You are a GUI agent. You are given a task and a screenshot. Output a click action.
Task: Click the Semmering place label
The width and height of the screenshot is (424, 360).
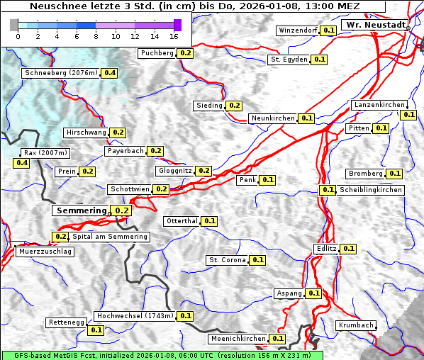pos(81,210)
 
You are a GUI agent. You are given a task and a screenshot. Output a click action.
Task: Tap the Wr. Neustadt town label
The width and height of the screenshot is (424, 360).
pos(374,25)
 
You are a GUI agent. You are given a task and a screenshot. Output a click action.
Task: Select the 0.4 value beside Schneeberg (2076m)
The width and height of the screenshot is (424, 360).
pos(110,73)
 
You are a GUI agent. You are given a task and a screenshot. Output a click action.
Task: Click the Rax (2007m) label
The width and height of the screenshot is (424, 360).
pos(45,152)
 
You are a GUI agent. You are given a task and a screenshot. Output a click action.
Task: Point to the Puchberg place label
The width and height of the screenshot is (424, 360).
pos(157,53)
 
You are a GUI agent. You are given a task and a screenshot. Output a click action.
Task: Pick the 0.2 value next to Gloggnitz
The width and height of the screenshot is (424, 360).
pos(203,171)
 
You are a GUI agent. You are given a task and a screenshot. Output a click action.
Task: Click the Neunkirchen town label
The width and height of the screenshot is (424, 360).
pos(272,118)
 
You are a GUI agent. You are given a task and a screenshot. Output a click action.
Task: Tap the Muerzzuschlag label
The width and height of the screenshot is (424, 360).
pos(45,252)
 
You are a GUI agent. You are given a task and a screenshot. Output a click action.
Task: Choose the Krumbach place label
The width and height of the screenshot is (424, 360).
pos(356,325)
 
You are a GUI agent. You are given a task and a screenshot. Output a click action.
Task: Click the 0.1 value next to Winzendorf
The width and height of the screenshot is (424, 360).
pos(328,30)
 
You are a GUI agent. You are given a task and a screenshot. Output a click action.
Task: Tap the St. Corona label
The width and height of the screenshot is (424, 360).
pos(227,260)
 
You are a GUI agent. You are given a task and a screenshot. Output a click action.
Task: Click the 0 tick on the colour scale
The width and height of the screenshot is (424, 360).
pos(17,35)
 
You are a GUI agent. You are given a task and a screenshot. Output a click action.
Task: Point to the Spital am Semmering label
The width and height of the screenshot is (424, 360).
pos(109,237)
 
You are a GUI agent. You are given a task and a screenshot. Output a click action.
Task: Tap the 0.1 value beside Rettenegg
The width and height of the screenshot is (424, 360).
pos(96,330)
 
